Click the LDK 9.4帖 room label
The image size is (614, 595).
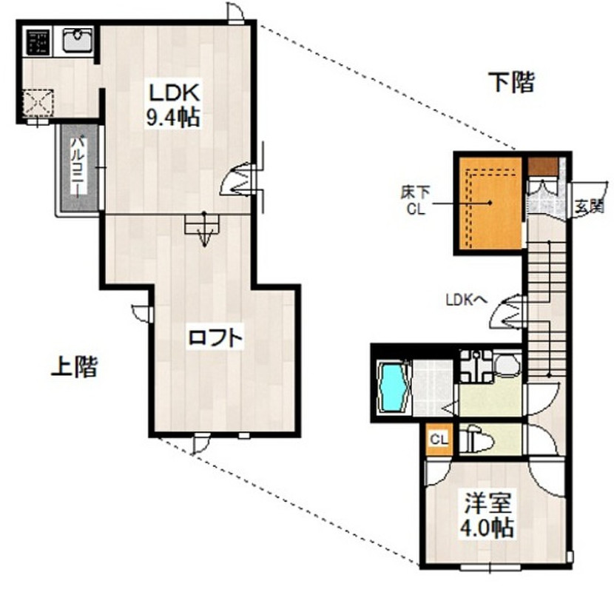tap(173, 105)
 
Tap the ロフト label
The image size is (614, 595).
tap(215, 337)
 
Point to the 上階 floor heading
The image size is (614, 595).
tap(74, 366)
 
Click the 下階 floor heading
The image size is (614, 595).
tap(512, 82)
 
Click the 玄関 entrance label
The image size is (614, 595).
tap(589, 206)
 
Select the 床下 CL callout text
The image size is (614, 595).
tap(415, 201)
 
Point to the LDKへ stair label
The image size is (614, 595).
tap(466, 300)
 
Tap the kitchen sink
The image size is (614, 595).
tap(78, 39)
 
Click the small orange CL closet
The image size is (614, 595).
tap(439, 440)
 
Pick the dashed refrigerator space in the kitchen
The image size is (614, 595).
tap(38, 103)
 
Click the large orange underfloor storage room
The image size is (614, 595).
tap(490, 203)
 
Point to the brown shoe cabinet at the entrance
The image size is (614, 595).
tap(542, 167)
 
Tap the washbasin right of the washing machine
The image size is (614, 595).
tap(507, 366)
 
